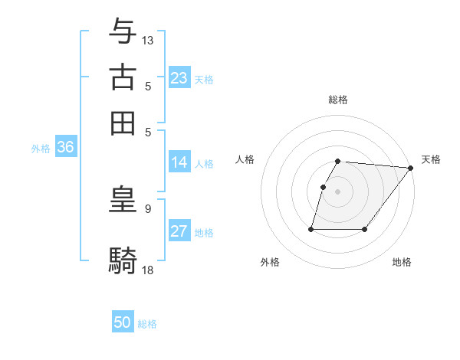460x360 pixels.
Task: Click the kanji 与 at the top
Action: (x=123, y=31)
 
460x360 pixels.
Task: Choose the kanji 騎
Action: (x=123, y=260)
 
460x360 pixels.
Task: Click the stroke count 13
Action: (x=148, y=40)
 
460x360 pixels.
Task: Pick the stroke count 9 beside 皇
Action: (x=147, y=208)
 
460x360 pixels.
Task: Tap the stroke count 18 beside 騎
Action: (x=148, y=269)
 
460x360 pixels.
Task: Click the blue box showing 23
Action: (x=179, y=78)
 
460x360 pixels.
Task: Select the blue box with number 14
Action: (x=179, y=162)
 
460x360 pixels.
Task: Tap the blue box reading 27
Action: (x=179, y=231)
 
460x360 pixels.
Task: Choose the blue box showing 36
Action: (x=65, y=148)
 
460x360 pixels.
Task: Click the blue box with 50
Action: (x=123, y=323)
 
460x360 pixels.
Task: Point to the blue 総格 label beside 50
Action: (x=147, y=324)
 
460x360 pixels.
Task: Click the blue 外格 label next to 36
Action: (x=41, y=149)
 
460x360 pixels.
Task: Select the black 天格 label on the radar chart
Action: (x=431, y=159)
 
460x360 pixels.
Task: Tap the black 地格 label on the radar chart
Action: (x=402, y=262)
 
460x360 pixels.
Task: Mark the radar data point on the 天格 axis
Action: (x=410, y=168)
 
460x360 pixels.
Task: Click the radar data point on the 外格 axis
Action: (x=311, y=228)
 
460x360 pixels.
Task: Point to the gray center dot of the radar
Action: (x=338, y=191)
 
